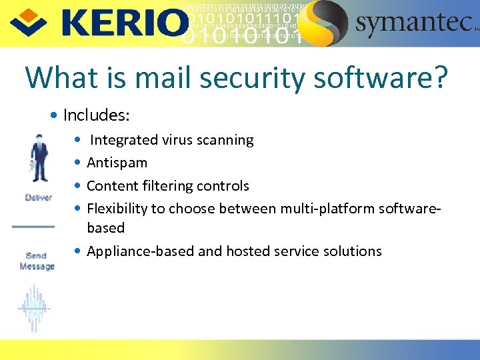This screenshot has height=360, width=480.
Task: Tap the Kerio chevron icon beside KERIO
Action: (27, 22)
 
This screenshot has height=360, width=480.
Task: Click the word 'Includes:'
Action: (96, 115)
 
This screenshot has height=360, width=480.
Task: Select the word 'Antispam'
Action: (117, 163)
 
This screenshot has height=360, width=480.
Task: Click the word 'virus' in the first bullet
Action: (178, 140)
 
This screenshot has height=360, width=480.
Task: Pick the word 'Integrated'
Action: (125, 140)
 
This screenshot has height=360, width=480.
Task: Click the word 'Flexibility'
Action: (118, 209)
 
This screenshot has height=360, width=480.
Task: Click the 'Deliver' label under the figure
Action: (38, 198)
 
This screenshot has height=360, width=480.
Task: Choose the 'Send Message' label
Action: (37, 261)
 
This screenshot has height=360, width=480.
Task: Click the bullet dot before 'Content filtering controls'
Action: (79, 186)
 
